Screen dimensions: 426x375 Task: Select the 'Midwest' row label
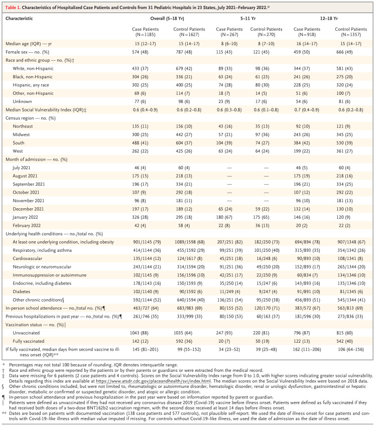[23, 121]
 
